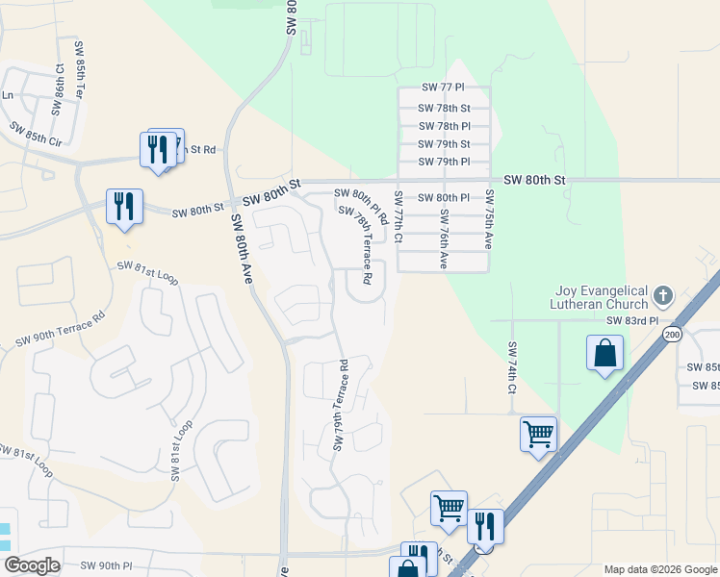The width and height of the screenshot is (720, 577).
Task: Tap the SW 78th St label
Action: click(445, 109)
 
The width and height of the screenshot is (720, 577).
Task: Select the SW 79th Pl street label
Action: click(445, 162)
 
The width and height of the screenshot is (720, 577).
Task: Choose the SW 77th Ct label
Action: click(398, 216)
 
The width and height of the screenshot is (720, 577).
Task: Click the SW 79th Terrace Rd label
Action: click(341, 406)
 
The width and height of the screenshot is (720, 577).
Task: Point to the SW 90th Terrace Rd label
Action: click(60, 328)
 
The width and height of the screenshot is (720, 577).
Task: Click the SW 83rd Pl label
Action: click(631, 320)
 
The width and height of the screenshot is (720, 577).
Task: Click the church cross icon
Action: click(663, 295)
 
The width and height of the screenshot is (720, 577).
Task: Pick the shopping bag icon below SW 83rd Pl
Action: click(604, 352)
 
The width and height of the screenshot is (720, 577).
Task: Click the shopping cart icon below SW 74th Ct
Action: click(538, 434)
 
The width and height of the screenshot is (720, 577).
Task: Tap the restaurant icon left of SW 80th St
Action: click(124, 206)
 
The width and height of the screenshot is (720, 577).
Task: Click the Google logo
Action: click(32, 565)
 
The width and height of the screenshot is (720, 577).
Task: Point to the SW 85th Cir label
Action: click(36, 133)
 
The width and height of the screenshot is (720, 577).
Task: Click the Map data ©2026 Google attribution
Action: click(659, 569)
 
